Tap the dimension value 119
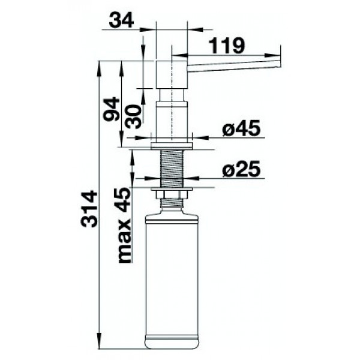228,46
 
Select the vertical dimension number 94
111,109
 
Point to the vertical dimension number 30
133,116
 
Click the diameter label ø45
241,128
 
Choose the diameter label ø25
241,169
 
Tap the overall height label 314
89,208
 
